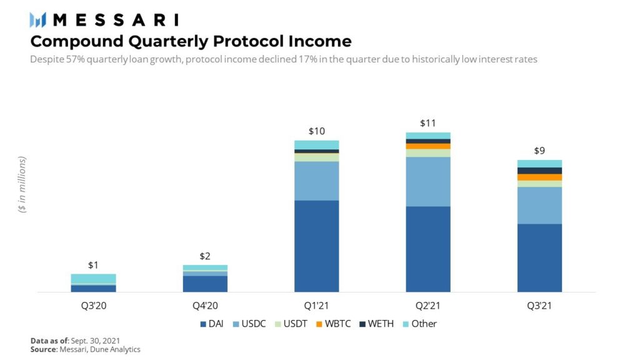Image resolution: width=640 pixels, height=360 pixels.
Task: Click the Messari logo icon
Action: [x=37, y=20]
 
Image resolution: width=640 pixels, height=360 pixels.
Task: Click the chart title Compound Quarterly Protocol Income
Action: [x=191, y=41]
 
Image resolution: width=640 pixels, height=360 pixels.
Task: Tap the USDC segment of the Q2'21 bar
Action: [x=427, y=181]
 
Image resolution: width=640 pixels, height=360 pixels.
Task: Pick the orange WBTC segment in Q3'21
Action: [x=539, y=177]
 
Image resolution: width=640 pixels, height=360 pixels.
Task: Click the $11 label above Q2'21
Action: [x=427, y=123]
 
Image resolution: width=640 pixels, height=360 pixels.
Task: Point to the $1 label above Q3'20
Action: [x=93, y=265]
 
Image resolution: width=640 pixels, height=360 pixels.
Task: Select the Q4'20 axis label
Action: [x=204, y=306]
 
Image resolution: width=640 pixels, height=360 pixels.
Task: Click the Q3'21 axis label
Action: [x=539, y=306]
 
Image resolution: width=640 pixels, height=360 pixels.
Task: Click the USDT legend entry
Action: [x=291, y=324]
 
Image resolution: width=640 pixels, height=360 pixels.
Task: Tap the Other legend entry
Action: [x=419, y=324]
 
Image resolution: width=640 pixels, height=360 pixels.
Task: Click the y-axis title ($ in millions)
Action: [x=22, y=185]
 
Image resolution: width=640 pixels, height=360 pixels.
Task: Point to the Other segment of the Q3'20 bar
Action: [x=93, y=279]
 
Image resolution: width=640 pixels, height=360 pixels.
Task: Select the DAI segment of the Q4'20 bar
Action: [x=204, y=284]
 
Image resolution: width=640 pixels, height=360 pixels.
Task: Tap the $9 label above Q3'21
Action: [x=539, y=151]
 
